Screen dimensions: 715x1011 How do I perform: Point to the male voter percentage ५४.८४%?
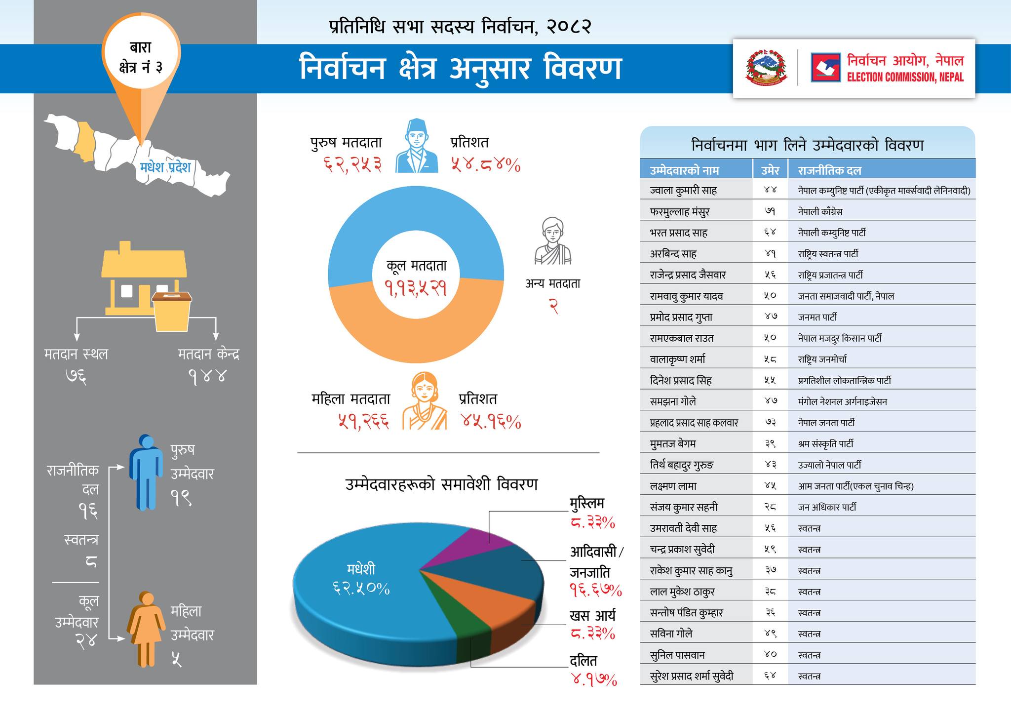(485, 164)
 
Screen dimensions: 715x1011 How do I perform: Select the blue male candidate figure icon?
(146, 472)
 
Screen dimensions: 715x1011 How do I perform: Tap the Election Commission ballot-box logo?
(825, 68)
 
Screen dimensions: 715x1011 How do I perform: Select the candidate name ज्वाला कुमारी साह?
(683, 190)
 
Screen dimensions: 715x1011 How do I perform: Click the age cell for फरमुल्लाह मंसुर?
(770, 211)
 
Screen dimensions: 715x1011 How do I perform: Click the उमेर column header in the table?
(770, 170)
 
